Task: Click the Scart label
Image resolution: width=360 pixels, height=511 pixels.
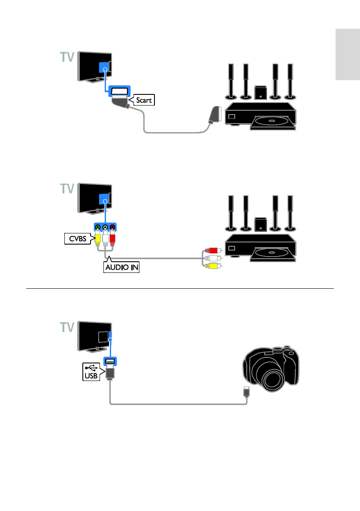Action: (x=143, y=101)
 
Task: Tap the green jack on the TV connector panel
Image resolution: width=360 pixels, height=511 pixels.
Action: (x=98, y=227)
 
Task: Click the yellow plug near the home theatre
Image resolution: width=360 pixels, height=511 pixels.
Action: (x=212, y=266)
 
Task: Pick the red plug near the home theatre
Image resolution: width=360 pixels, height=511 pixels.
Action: (x=212, y=250)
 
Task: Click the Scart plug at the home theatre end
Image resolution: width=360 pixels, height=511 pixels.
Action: (x=213, y=115)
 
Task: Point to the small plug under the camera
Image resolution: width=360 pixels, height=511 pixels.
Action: (x=246, y=391)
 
